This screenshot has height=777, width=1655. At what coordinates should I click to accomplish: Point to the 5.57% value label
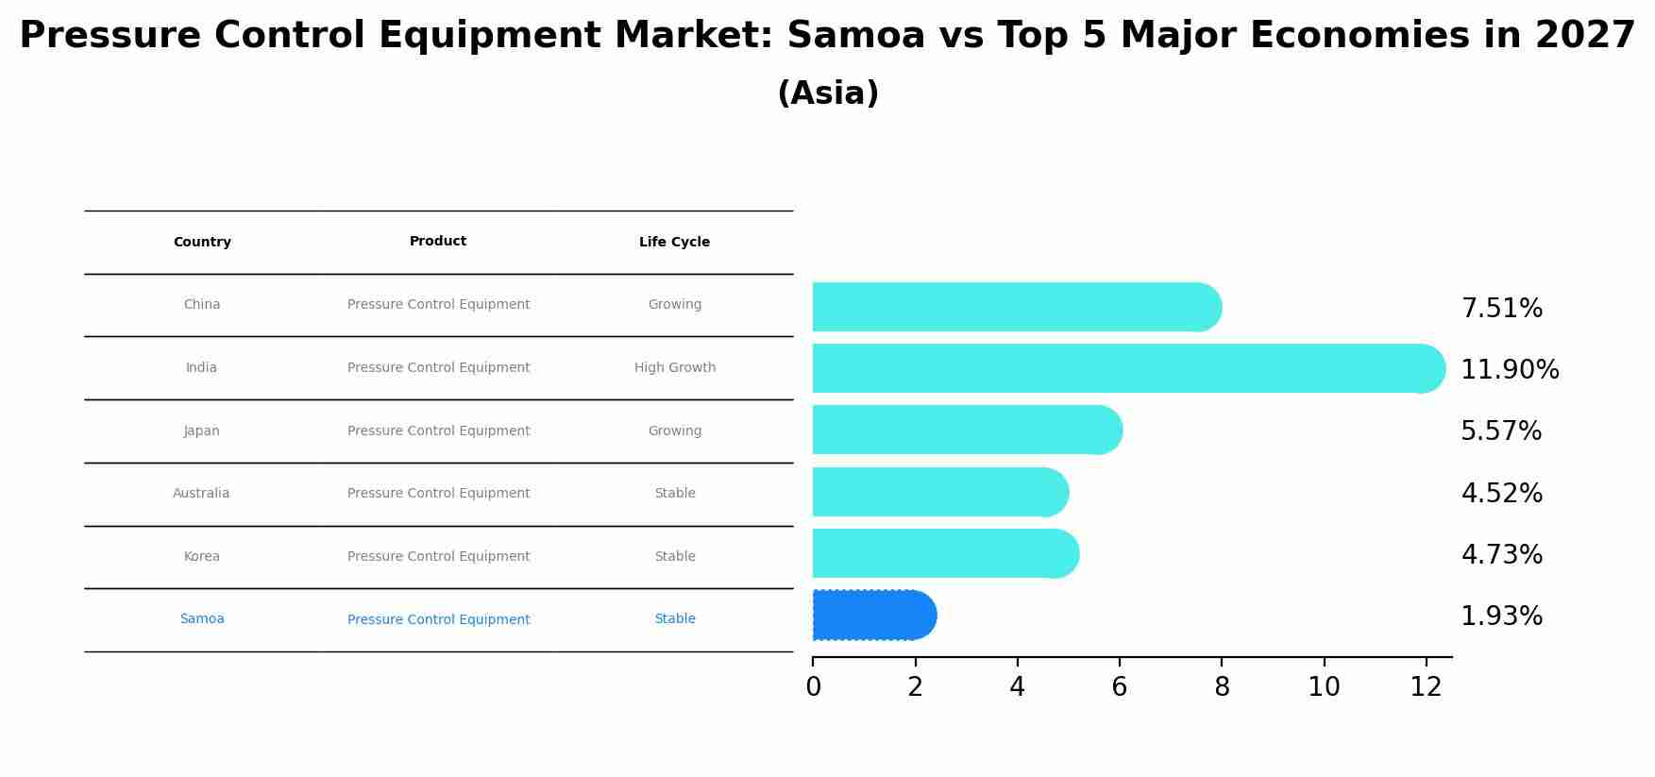(1500, 431)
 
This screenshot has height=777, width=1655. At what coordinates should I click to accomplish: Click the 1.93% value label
(1500, 617)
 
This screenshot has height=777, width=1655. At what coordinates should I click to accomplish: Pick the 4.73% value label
(1500, 555)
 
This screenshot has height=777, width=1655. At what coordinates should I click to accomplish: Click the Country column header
(202, 243)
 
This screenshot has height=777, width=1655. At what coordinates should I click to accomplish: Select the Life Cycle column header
(674, 243)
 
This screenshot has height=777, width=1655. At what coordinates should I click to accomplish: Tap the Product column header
(438, 242)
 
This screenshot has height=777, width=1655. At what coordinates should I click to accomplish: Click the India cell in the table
(201, 368)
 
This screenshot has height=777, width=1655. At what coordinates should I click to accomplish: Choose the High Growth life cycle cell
(674, 368)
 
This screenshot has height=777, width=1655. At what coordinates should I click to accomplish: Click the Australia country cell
(201, 494)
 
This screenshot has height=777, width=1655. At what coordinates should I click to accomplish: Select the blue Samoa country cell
(202, 619)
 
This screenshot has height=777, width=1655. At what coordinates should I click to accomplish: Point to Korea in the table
(202, 557)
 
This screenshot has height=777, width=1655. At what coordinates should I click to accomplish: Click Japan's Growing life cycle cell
(674, 431)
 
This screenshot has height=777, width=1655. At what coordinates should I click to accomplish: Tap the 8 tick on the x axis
(1222, 687)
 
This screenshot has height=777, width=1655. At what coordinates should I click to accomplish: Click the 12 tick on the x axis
(1426, 687)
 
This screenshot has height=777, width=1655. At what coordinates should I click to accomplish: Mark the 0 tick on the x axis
(813, 687)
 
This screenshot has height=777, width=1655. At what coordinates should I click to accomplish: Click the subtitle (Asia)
(828, 93)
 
